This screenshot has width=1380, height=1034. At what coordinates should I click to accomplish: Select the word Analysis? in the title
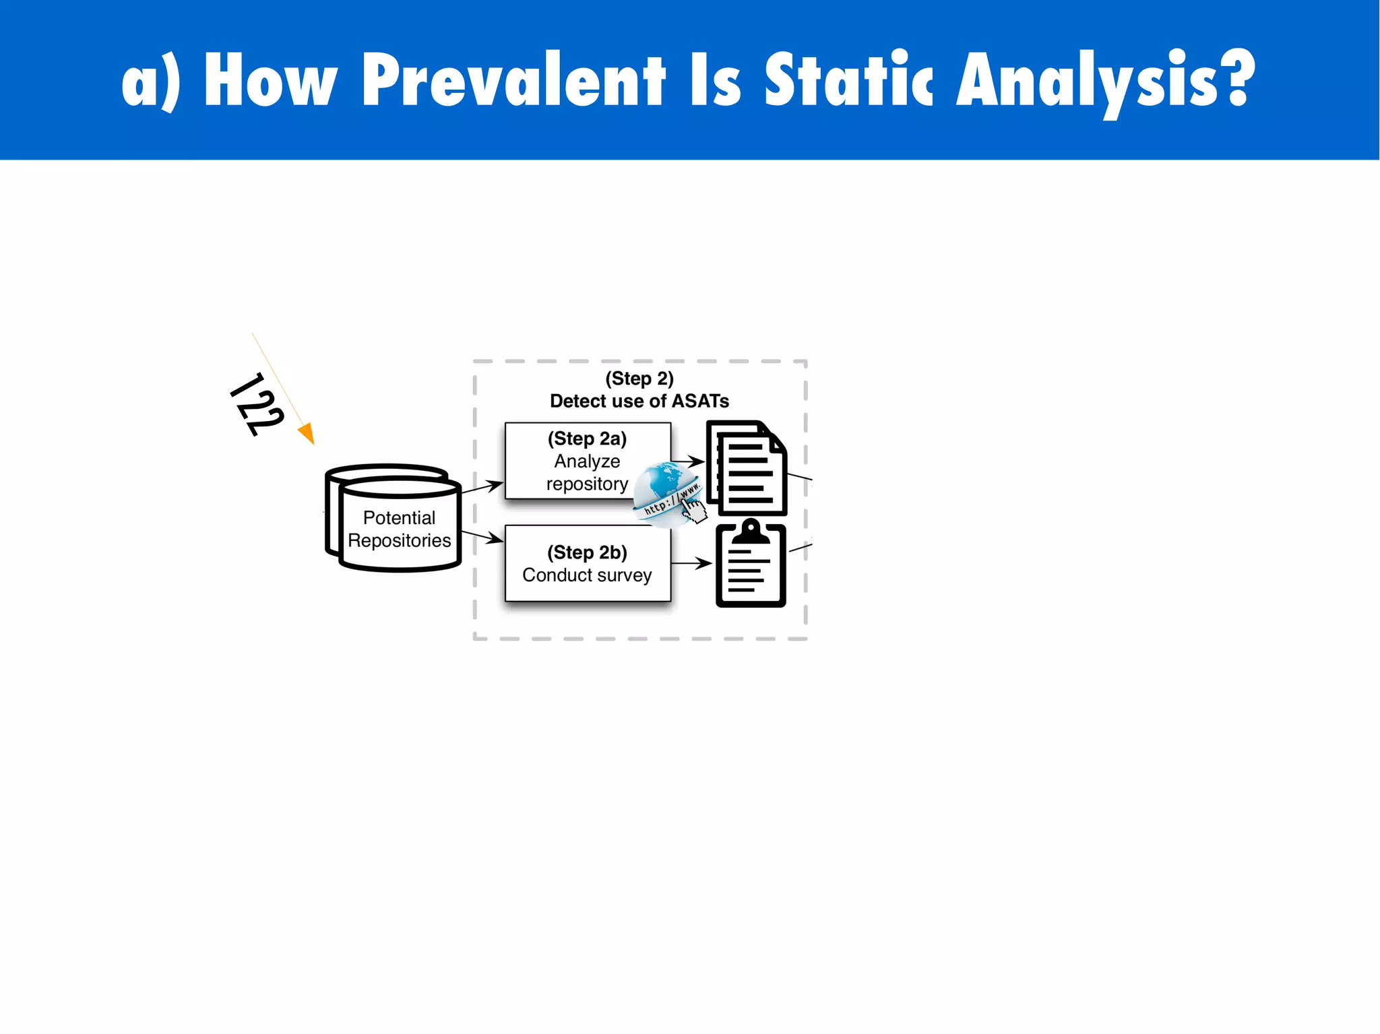[x=1105, y=81]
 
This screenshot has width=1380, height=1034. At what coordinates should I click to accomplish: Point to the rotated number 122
[x=257, y=404]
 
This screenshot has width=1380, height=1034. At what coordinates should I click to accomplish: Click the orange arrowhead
[x=307, y=433]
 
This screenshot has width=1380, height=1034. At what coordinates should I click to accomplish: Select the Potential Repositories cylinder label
[x=399, y=529]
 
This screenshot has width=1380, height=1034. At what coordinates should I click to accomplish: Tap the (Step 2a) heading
[x=587, y=439]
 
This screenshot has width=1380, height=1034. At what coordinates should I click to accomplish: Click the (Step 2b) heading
[x=587, y=552]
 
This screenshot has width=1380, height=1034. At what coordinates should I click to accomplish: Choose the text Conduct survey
[x=587, y=575]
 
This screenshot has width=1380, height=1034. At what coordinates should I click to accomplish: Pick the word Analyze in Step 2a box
[x=587, y=461]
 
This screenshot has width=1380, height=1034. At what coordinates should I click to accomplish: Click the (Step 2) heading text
[x=639, y=379]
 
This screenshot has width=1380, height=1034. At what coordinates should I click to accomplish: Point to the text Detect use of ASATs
[x=639, y=401]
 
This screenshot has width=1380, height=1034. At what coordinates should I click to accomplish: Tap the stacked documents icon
[x=747, y=468]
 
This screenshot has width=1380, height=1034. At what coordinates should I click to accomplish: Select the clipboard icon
[x=751, y=564]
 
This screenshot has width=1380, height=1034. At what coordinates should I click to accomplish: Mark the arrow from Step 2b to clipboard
[x=692, y=563]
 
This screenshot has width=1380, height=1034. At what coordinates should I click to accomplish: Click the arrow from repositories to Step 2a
[x=482, y=487]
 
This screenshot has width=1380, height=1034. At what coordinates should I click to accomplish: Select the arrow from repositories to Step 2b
[x=482, y=536]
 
